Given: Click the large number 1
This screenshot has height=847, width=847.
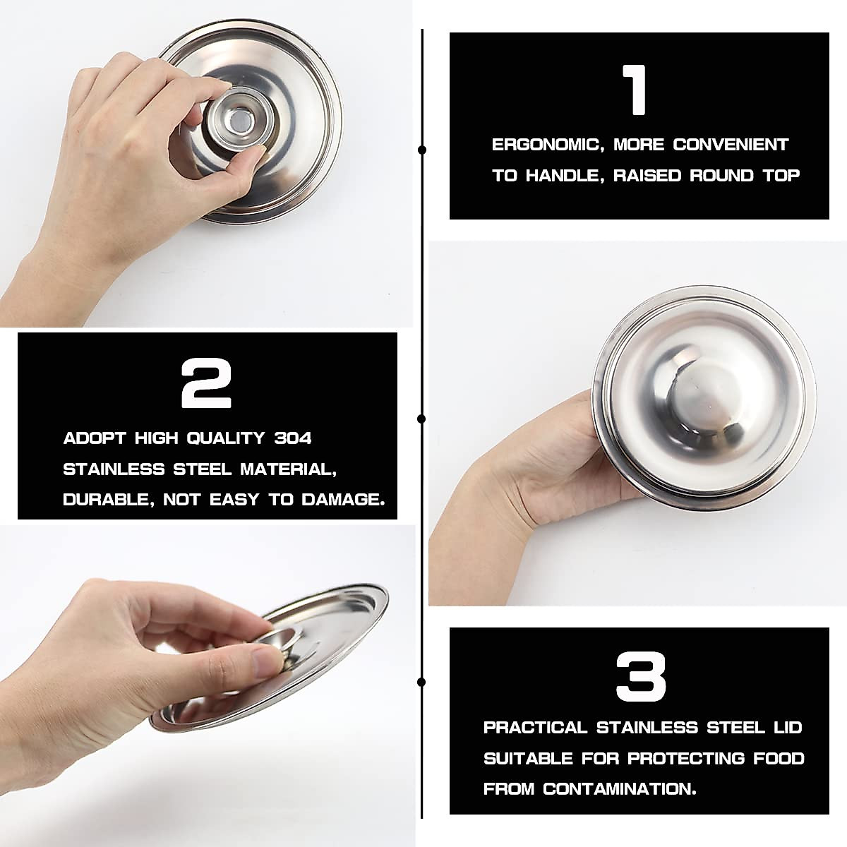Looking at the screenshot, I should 637,90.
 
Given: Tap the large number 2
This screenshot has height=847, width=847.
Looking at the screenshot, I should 206,383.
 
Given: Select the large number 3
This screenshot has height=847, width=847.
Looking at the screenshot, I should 640,677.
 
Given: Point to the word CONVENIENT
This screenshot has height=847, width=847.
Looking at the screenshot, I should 731,145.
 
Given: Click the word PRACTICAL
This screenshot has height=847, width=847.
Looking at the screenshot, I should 535,728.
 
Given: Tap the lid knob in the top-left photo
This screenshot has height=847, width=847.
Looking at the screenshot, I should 238,121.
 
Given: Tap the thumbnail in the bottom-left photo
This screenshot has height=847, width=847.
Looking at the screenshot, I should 267,661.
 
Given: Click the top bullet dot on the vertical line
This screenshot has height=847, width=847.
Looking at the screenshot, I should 422,150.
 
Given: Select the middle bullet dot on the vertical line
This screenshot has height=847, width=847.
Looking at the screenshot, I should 422,419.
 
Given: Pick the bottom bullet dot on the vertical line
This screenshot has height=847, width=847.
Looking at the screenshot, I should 422,682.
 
